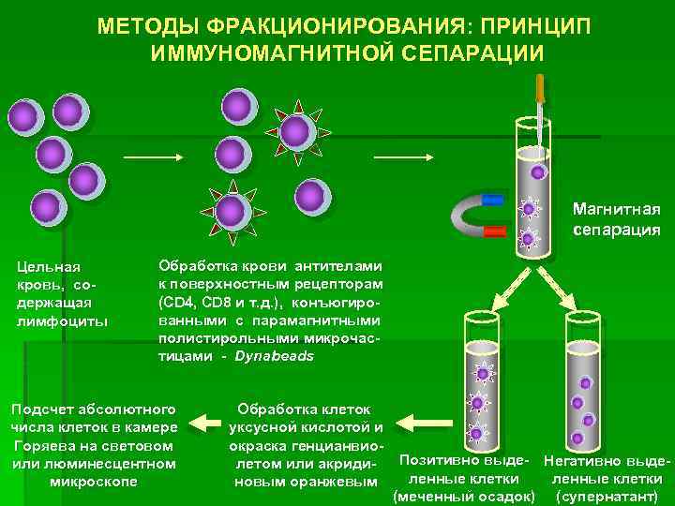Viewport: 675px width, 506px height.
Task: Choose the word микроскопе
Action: (x=92, y=482)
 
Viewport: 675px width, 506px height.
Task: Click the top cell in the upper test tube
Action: (x=537, y=171)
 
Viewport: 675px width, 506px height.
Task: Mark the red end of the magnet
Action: (x=495, y=231)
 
